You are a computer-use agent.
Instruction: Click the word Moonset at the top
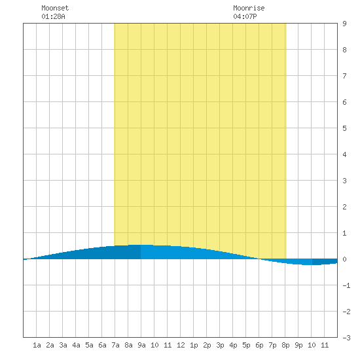[x=55, y=8]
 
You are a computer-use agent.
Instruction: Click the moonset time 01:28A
[x=53, y=16]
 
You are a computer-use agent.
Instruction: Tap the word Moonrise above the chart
[x=249, y=8]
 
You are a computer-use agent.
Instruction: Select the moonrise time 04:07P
[x=245, y=16]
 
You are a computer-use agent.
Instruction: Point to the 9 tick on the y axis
[x=344, y=24]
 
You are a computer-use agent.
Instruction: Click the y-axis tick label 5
[x=344, y=128]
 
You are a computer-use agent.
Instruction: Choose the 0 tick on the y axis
[x=344, y=259]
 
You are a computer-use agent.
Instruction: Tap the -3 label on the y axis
[x=346, y=338]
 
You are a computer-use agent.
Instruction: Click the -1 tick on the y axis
[x=346, y=285]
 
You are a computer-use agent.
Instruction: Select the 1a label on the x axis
[x=37, y=345]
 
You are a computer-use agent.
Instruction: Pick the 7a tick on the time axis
[x=115, y=345]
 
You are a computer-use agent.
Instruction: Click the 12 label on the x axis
[x=181, y=345]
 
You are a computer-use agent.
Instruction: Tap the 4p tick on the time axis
[x=233, y=345]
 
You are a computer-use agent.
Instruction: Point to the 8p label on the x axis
[x=285, y=345]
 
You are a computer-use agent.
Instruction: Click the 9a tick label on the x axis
[x=141, y=345]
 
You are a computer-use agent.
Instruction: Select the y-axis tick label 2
[x=344, y=207]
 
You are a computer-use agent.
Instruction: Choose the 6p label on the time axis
[x=259, y=345]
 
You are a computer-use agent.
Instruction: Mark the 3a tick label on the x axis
[x=63, y=345]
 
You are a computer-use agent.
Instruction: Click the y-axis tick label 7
[x=344, y=76]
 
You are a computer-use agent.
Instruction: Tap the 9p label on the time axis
[x=298, y=345]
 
